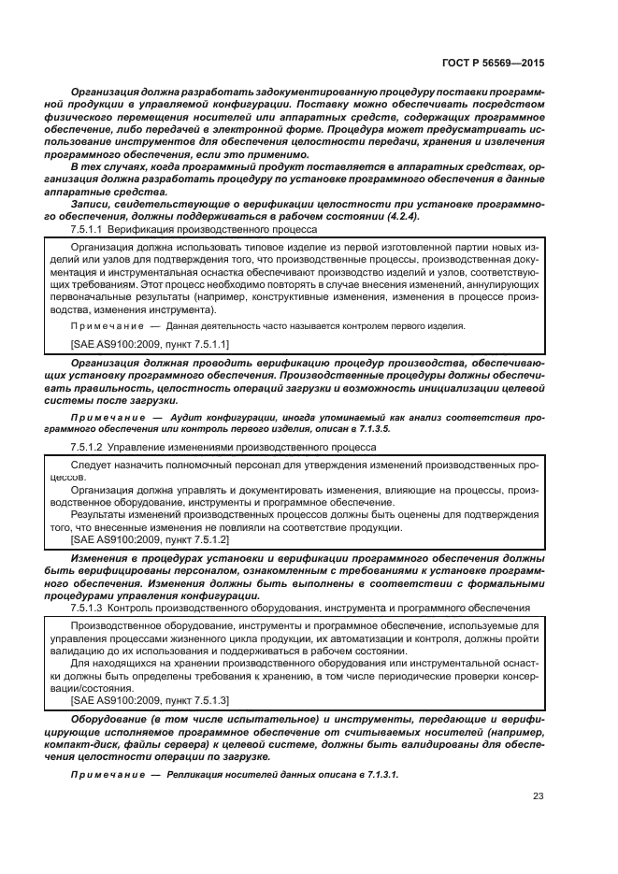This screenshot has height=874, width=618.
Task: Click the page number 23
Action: pyautogui.click(x=538, y=797)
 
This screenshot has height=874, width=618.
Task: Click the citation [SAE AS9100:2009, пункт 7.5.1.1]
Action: pyautogui.click(x=150, y=344)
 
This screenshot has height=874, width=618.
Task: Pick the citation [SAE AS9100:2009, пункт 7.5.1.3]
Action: pyautogui.click(x=150, y=699)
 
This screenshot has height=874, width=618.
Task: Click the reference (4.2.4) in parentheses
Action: pyautogui.click(x=402, y=216)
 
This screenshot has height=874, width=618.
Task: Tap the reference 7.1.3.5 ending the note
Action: pyautogui.click(x=378, y=429)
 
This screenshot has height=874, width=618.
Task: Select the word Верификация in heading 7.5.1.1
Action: pyautogui.click(x=137, y=229)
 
